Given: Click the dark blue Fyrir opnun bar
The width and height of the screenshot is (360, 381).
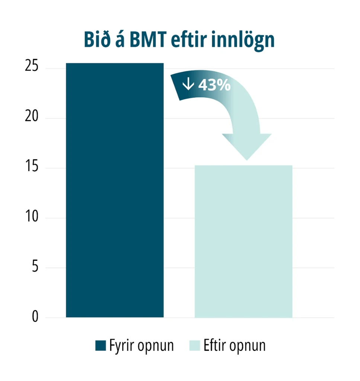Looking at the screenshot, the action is tap(115, 190).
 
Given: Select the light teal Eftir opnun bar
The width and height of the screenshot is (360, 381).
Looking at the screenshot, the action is tap(243, 241).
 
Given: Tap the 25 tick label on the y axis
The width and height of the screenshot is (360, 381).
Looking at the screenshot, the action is tap(32, 65).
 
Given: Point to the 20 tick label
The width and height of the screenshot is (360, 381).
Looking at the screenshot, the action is tap(32, 116).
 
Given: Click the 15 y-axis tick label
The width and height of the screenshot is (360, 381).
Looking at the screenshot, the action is tap(32, 166).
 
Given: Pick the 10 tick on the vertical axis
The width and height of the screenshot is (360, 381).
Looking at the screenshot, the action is tap(32, 216).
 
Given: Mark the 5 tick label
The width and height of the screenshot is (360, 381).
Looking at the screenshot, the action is tap(35, 266).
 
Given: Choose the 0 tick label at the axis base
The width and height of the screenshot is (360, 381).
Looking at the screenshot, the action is tap(35, 316).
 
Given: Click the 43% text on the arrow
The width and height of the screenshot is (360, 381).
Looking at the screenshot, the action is tap(214, 85).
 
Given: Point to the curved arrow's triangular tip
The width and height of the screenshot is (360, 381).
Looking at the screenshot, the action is tap(247, 160).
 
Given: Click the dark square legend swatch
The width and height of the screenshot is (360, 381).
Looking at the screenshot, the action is tap(101, 345).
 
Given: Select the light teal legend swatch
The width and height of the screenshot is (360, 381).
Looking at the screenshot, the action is tap(195, 345).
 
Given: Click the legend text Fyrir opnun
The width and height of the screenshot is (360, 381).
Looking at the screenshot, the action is tap(141, 346).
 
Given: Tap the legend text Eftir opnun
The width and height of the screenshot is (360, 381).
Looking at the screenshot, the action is tap(235, 346).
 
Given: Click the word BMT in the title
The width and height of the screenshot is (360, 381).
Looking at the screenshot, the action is tap(148, 39).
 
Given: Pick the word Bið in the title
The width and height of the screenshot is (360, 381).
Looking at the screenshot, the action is tap(98, 39).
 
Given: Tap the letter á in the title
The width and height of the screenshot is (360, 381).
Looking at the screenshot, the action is tap(120, 40).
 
